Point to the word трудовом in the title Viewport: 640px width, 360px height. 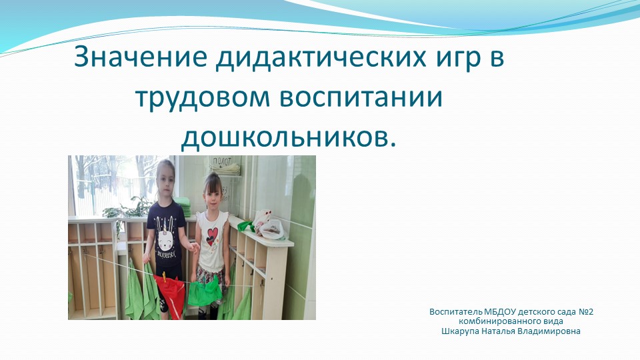pyautogui.click(x=199, y=98)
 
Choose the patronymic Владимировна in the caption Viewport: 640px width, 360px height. pyautogui.click(x=552, y=331)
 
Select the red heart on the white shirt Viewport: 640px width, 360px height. pyautogui.click(x=212, y=235)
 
